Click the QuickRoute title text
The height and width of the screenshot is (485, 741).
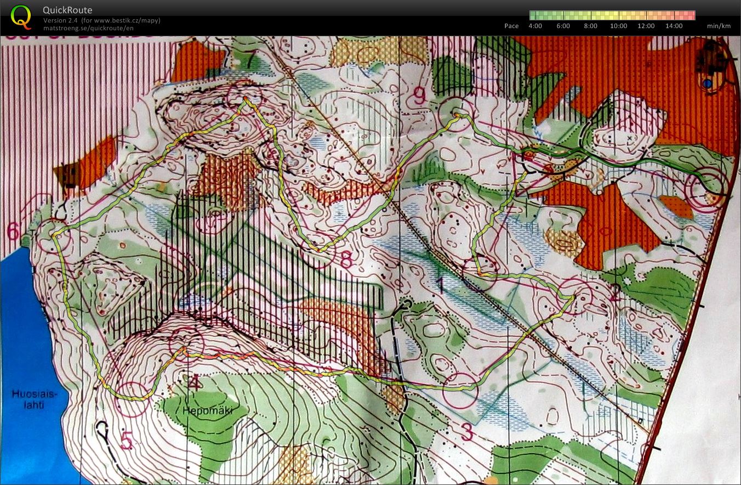point(67,10)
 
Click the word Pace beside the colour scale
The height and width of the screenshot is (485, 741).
point(511,26)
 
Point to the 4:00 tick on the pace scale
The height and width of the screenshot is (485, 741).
point(535,26)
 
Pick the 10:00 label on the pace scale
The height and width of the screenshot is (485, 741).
point(619,26)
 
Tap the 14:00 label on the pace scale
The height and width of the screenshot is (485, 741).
point(674,26)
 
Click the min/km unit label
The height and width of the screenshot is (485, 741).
point(719,26)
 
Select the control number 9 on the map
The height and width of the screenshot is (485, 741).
point(420,97)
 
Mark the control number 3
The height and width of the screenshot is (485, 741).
point(466,432)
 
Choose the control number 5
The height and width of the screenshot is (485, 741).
point(127,441)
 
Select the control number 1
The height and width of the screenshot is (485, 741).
point(440,285)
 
